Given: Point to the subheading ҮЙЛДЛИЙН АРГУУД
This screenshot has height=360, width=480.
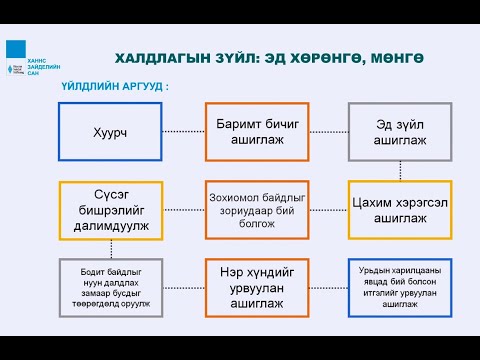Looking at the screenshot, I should tap(116, 87).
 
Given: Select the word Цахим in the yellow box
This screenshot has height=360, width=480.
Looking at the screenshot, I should tap(368, 201).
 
